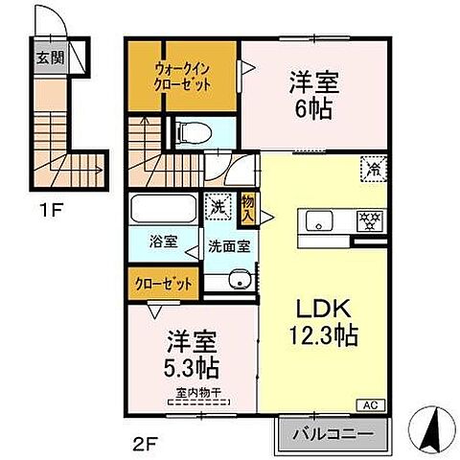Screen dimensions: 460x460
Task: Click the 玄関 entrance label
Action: point(50,57)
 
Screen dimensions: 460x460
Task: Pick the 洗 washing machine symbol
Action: point(218,204)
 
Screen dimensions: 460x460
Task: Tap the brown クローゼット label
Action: point(161,283)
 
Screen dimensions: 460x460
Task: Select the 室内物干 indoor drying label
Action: point(200,392)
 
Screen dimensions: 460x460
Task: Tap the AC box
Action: point(369,404)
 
